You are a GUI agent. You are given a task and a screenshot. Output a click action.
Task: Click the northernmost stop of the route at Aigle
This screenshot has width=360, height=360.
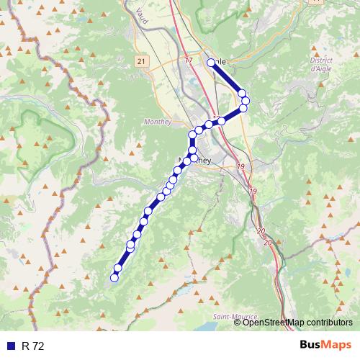pyautogui.click(x=212, y=63)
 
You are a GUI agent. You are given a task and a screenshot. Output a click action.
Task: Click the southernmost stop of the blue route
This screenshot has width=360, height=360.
pyautogui.click(x=114, y=277)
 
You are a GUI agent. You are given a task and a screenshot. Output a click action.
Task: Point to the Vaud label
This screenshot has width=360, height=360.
pyautogui.click(x=140, y=17)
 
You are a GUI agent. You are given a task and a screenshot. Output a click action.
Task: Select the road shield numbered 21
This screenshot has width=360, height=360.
pyautogui.click(x=140, y=62)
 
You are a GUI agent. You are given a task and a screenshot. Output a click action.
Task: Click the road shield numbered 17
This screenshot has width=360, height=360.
pyautogui.click(x=189, y=60)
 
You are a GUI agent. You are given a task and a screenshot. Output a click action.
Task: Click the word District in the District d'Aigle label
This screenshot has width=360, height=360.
pyautogui.click(x=322, y=60)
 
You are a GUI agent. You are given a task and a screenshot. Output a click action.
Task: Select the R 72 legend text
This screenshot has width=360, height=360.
pyautogui.click(x=33, y=346)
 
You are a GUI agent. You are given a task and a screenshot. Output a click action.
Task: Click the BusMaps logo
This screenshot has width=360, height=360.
pyautogui.click(x=325, y=345)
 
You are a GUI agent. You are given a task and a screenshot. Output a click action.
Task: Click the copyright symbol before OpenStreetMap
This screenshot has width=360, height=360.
pyautogui.click(x=238, y=323)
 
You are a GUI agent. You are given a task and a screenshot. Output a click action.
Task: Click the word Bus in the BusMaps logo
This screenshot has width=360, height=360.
pyautogui.click(x=311, y=345)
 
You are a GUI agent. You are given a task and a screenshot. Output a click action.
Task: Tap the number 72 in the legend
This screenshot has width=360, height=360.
pyautogui.click(x=38, y=346)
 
